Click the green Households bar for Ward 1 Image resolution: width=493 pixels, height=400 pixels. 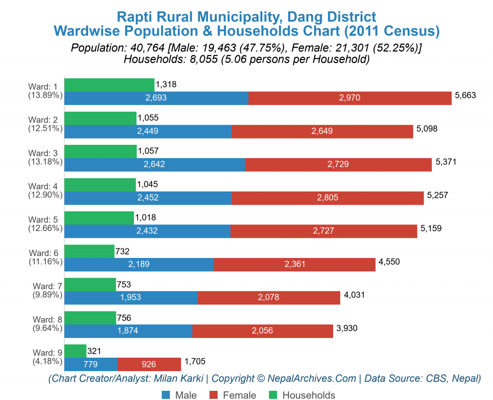click(x=109, y=85)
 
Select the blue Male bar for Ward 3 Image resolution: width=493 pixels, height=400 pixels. click(x=155, y=165)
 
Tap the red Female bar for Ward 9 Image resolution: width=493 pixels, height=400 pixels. click(x=149, y=364)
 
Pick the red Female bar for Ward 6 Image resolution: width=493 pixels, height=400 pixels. click(x=295, y=264)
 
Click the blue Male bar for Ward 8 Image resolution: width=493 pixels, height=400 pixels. click(x=128, y=331)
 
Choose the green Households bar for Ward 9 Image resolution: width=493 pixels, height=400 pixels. click(x=75, y=351)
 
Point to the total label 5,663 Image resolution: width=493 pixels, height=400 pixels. click(x=465, y=95)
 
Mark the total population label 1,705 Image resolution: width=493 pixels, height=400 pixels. click(x=194, y=361)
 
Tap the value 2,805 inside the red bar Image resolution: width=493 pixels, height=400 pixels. click(x=328, y=198)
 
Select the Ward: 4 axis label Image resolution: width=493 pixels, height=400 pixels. click(x=45, y=186)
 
